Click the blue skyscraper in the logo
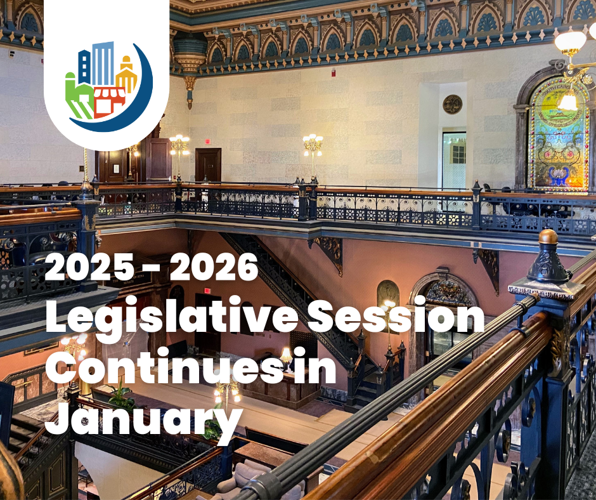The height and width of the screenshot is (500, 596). click(x=101, y=63)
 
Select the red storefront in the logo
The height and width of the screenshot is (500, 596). click(x=109, y=102)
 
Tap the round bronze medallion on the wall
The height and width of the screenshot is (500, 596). click(x=452, y=104)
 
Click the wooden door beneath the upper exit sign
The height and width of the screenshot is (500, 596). click(x=208, y=166)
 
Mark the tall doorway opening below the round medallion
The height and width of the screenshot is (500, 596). click(x=454, y=160)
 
